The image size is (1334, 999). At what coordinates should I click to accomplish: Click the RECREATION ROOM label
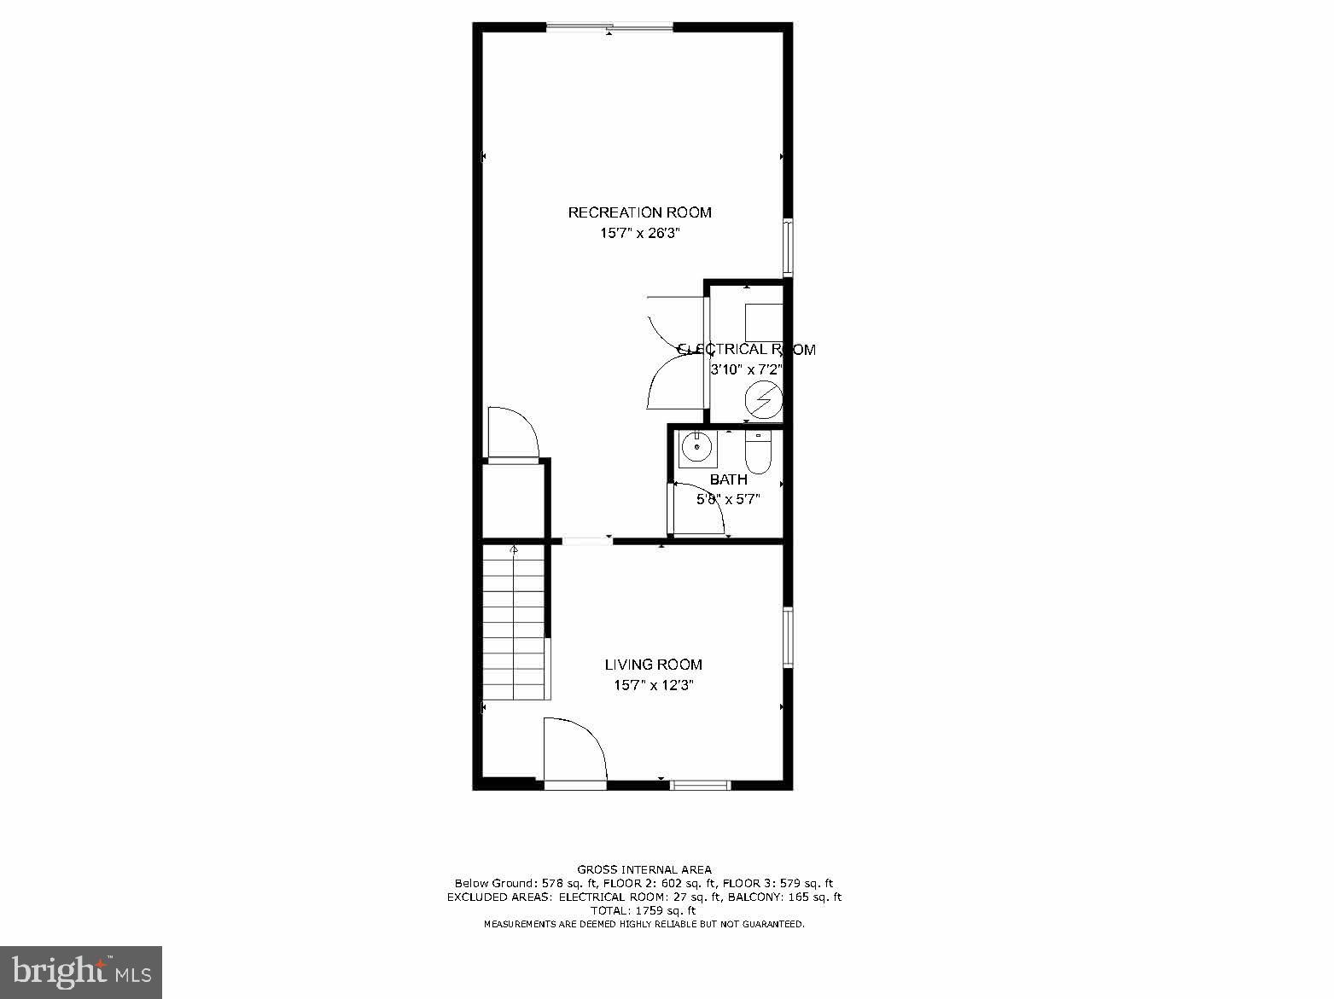point(639,212)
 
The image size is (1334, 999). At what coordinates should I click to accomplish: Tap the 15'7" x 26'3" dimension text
point(639,233)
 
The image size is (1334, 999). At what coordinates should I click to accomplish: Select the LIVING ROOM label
point(653,665)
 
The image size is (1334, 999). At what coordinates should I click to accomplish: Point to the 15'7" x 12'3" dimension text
point(653,685)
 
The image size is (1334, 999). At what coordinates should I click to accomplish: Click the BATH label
point(728,479)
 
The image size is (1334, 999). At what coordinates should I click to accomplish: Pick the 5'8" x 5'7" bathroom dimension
point(728,499)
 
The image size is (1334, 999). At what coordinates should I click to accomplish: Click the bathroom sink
point(698,448)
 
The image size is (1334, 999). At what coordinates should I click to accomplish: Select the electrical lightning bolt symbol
point(763,399)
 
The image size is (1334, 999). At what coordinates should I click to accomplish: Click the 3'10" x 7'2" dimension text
point(746,369)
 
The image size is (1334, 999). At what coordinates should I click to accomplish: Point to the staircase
point(514,623)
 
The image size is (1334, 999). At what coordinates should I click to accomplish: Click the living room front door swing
point(574,749)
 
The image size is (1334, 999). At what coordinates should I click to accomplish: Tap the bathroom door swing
point(698,509)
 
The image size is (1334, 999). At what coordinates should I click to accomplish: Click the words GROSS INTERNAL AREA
point(644,869)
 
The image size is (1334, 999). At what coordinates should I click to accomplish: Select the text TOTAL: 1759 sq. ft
point(644,910)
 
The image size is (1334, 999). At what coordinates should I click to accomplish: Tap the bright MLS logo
point(81,972)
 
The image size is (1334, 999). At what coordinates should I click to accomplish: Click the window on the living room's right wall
point(788,637)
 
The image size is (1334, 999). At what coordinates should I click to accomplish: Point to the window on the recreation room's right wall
point(788,247)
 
